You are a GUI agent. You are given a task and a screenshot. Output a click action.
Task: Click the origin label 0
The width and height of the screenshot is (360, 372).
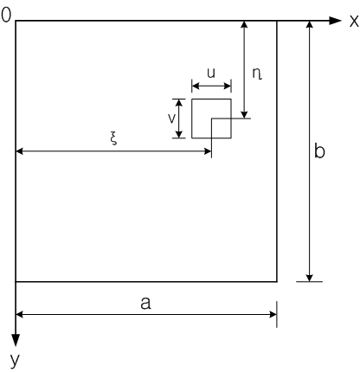click(6, 15)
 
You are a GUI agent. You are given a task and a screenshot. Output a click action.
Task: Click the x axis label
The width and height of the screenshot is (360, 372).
click(354, 21)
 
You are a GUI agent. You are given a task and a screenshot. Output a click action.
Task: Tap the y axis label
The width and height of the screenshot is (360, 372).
click(15, 360)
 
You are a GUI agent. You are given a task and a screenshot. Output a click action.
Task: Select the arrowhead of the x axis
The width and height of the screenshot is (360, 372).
click(336, 21)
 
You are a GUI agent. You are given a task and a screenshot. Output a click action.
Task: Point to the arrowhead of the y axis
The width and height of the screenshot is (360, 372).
click(16, 340)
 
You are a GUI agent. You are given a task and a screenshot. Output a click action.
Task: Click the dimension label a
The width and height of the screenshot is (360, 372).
click(145, 303)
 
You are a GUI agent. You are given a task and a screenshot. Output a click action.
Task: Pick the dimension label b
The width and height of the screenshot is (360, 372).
click(319, 151)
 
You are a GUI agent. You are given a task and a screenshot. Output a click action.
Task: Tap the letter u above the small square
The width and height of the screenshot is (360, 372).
click(211, 73)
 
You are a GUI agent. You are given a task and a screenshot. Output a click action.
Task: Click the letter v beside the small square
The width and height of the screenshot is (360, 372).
click(171, 119)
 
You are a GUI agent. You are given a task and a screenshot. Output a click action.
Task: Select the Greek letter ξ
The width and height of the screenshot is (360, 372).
click(114, 139)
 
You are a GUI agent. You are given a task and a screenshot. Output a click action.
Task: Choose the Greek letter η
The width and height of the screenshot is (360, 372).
click(257, 74)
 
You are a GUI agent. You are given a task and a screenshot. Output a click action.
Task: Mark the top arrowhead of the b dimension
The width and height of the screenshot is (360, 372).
click(309, 24)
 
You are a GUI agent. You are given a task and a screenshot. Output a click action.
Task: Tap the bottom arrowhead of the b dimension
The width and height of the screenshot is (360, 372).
click(309, 278)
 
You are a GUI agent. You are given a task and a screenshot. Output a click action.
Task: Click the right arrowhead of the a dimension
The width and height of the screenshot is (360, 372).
click(273, 314)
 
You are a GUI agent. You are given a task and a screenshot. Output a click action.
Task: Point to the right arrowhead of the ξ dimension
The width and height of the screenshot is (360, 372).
click(208, 151)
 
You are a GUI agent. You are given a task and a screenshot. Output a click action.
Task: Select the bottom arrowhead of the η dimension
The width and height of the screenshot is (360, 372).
click(245, 115)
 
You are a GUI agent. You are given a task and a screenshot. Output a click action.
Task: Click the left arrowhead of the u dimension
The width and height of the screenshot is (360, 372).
click(196, 86)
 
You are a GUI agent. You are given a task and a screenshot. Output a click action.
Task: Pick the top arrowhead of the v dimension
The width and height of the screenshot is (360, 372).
click(179, 103)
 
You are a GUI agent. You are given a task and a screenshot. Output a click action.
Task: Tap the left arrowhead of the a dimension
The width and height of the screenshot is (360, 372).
click(19, 314)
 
